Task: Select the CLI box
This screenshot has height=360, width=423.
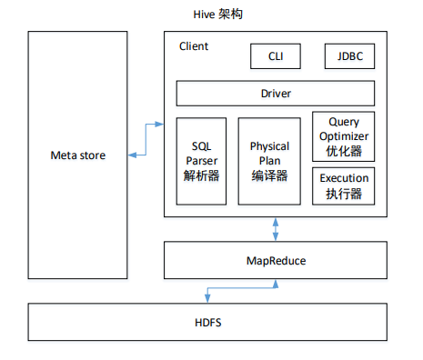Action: point(276,56)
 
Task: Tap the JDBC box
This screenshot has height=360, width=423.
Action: point(349,56)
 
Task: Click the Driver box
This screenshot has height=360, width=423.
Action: point(275,93)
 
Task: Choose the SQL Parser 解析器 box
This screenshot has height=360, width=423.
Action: point(201,161)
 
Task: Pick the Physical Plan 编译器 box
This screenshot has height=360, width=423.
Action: point(269,161)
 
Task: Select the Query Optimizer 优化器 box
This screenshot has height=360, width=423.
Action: point(343,136)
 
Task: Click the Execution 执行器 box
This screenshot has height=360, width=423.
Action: point(343,185)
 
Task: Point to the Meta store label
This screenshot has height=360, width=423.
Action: point(77,155)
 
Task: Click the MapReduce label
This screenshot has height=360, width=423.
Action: point(276,261)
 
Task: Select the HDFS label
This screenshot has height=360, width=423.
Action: point(211,323)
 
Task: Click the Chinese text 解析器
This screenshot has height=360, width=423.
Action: point(201,175)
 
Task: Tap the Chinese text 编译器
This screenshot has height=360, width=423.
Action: point(269,175)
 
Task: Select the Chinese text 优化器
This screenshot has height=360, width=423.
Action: point(343,151)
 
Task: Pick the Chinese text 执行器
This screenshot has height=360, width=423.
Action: point(343,193)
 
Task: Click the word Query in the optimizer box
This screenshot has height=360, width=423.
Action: point(343,122)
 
